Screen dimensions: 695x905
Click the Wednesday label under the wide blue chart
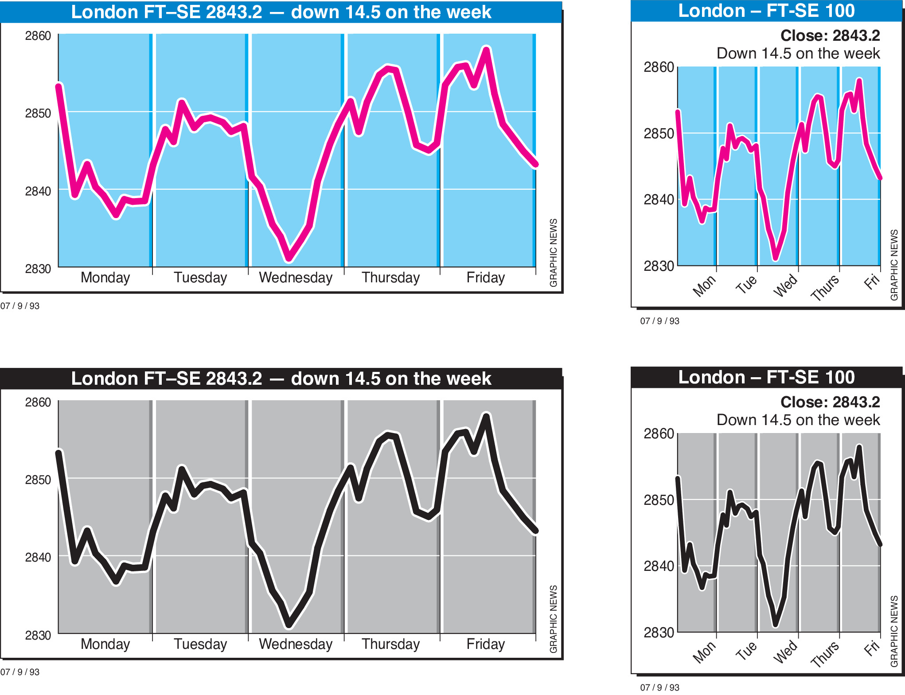tap(296, 278)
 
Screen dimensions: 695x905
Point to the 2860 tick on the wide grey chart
tap(38, 402)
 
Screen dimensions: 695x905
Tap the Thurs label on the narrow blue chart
tap(825, 288)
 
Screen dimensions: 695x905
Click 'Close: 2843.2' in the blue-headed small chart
tap(830, 35)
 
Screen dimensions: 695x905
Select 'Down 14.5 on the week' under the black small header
tap(798, 420)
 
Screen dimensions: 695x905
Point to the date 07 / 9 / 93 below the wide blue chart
tap(20, 306)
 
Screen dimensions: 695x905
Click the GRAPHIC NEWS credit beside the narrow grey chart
tap(894, 631)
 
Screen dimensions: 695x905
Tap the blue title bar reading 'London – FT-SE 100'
tap(766, 11)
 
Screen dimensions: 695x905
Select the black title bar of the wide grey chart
tap(281, 379)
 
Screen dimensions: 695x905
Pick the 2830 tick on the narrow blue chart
tap(659, 266)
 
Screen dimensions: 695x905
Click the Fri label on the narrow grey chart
tap(871, 648)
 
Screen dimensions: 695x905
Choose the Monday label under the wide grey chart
tap(105, 644)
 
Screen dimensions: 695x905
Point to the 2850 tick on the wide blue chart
tap(38, 113)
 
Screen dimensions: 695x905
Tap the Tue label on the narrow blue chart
tap(746, 284)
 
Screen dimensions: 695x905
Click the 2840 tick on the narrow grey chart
tap(659, 566)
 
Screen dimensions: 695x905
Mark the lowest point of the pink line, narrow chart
tap(775, 258)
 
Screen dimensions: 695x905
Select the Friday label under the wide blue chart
tap(485, 278)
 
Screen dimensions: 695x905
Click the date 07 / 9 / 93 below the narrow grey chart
tap(659, 687)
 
